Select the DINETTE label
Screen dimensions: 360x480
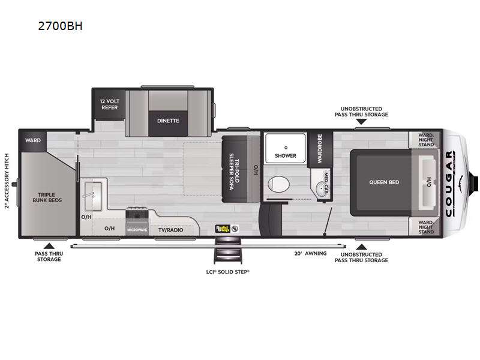click(168, 120)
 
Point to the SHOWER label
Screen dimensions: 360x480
click(286, 155)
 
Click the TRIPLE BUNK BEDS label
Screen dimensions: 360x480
click(47, 197)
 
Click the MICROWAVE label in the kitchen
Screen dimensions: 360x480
click(137, 229)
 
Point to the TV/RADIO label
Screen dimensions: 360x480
click(170, 229)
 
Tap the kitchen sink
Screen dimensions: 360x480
click(93, 191)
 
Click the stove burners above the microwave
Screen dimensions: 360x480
click(136, 214)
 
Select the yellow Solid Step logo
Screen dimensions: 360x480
click(223, 229)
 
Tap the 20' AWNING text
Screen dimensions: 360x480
click(310, 253)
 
